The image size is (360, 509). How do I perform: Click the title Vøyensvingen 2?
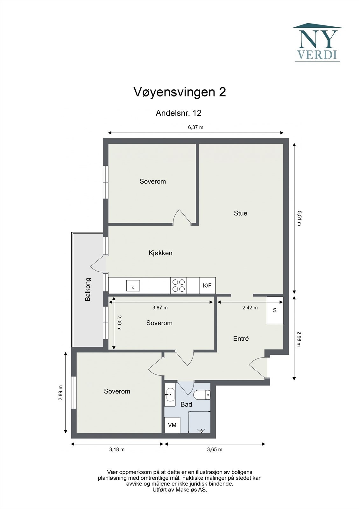pos(180,92)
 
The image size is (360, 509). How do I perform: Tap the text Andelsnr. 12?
pos(178,113)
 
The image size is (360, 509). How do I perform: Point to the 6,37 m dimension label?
pos(195,127)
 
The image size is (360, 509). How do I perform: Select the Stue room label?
pos(240,213)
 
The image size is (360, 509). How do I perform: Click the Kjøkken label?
pos(160,253)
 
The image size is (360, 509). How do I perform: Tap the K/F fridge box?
pos(207,285)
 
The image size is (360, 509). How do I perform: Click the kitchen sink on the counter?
pos(133,285)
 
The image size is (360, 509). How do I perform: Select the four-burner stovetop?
pos(179,285)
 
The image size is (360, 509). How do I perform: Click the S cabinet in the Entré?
pos(275,310)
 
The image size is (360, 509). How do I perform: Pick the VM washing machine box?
pos(172,425)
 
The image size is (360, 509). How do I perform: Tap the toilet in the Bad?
pos(202,395)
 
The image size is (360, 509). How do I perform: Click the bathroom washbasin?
pos(170,395)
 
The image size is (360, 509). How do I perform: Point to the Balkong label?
pos(88,289)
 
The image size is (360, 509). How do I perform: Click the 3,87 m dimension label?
pos(160,308)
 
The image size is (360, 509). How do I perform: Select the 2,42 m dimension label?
pos(250,308)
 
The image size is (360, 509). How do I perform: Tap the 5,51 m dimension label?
pos(299,218)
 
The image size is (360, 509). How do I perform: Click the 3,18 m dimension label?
pos(117,450)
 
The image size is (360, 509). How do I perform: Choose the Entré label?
pos(241,338)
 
